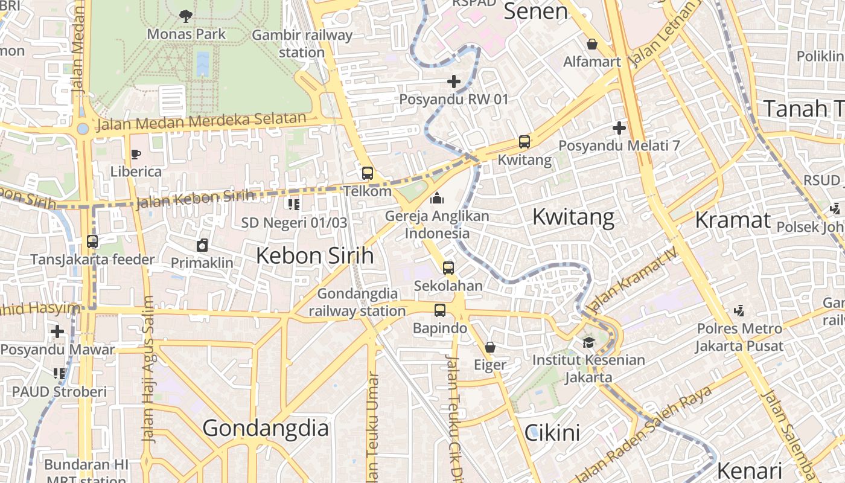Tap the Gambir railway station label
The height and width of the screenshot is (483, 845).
click(x=302, y=43)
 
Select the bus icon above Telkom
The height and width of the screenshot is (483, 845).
click(x=367, y=173)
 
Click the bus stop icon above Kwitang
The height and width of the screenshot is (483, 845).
click(x=524, y=142)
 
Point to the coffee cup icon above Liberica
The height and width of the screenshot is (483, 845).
click(x=136, y=155)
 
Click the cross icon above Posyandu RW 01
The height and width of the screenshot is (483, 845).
click(x=454, y=81)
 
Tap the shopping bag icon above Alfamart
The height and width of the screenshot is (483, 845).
click(x=592, y=44)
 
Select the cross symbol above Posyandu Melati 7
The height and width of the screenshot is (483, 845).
click(x=619, y=128)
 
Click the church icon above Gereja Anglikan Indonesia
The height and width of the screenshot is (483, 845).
click(x=436, y=198)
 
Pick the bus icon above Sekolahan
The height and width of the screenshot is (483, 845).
click(x=448, y=268)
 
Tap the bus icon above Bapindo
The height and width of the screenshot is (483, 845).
click(x=440, y=310)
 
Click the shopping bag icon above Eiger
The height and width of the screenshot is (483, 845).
click(x=490, y=347)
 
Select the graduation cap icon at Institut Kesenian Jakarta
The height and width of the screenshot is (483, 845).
click(x=588, y=342)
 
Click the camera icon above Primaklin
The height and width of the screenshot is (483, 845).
click(x=202, y=245)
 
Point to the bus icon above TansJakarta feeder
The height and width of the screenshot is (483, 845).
click(x=92, y=241)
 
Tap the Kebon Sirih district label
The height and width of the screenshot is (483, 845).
click(x=314, y=255)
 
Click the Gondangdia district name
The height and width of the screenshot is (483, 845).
click(x=266, y=428)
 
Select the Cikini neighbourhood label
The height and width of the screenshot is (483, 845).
click(x=552, y=432)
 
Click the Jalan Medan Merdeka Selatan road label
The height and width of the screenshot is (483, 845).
click(x=202, y=122)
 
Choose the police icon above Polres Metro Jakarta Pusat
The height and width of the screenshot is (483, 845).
click(x=739, y=311)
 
